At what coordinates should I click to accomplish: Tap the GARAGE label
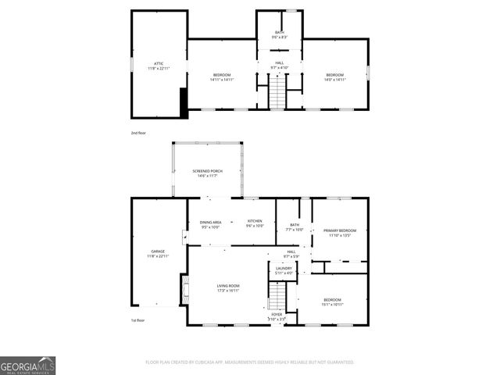coord(157,252)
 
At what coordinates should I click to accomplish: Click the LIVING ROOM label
coord(228,286)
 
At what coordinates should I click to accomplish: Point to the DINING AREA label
coord(210,222)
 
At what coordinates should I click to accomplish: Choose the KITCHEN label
coord(255,222)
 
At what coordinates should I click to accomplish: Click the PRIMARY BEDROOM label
coord(340,230)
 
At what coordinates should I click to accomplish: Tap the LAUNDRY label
coord(284,268)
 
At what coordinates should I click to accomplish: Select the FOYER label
coord(277,314)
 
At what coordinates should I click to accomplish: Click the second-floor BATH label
coord(280,32)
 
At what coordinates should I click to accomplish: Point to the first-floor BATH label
coord(294,225)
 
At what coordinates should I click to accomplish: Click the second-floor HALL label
coord(280,63)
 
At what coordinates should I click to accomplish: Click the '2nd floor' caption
coord(138,133)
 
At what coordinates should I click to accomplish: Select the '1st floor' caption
coord(138,320)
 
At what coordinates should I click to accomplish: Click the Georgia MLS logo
coord(27,365)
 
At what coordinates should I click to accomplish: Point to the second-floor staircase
coord(280,95)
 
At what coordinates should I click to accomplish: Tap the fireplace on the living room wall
coord(184,289)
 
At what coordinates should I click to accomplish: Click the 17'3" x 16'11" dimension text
coord(228,291)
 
